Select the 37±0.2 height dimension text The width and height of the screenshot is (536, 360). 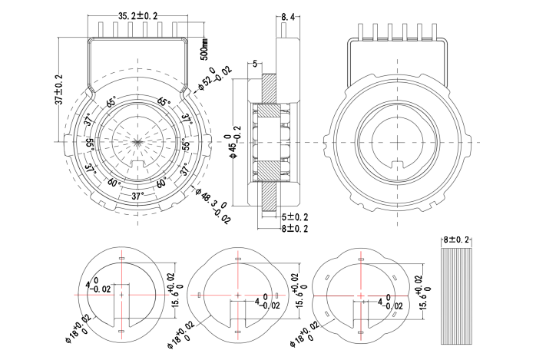click(x=59, y=91)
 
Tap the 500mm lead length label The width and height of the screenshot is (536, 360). click(x=203, y=48)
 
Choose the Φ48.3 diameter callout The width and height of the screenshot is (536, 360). click(x=213, y=207)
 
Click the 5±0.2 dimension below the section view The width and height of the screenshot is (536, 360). click(x=294, y=218)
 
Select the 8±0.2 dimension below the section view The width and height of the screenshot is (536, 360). click(x=294, y=229)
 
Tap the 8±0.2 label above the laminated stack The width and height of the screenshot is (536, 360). click(x=456, y=240)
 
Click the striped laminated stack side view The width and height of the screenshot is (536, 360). click(x=456, y=296)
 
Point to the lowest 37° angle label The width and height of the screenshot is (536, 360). click(x=137, y=197)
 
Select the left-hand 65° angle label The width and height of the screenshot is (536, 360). click(x=111, y=102)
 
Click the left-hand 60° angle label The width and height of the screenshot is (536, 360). click(x=114, y=183)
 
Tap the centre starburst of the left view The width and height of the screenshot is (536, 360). click(x=137, y=142)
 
